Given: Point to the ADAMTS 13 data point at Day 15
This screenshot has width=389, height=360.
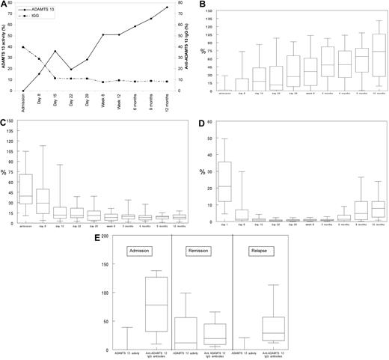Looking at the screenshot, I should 55,51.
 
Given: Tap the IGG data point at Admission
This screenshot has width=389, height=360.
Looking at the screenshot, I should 23,47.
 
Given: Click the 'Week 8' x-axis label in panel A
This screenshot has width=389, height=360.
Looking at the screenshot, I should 103,102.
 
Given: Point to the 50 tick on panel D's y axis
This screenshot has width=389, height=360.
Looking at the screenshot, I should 211,138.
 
